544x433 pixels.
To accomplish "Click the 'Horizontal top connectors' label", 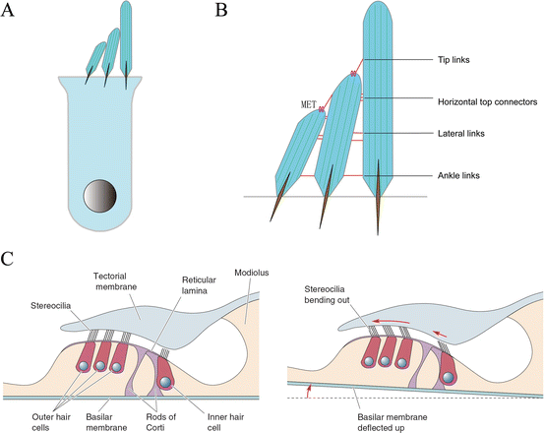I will (485, 101).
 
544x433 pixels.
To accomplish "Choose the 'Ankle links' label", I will (458, 177).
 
